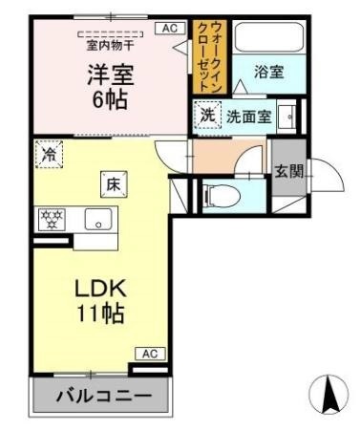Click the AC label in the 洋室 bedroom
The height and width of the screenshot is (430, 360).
coord(170,29)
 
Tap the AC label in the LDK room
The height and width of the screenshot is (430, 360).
coord(150,354)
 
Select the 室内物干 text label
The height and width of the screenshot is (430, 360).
coord(110,46)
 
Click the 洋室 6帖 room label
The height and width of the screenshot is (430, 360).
coord(111,87)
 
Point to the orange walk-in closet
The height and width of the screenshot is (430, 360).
coord(210,57)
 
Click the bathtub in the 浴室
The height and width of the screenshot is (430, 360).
coord(269,37)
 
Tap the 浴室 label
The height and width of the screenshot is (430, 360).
coord(269,72)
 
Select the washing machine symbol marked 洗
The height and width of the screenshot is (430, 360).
coord(208,115)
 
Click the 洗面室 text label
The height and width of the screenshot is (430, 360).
coord(249,117)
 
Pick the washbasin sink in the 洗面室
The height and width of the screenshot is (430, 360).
coord(286,117)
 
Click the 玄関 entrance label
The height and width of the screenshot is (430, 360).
coord(289,172)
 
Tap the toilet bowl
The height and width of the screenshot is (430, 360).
coord(222,195)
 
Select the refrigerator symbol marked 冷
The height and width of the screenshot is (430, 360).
coord(49,154)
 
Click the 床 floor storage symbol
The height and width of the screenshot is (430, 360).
coord(114,184)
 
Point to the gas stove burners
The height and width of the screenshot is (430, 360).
coord(52,220)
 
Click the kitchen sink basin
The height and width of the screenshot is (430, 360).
coord(98,219)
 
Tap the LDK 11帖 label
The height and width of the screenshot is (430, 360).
coord(100,301)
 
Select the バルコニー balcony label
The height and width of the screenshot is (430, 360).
coord(104,397)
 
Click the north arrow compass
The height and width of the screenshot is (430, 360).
coord(328,394)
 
